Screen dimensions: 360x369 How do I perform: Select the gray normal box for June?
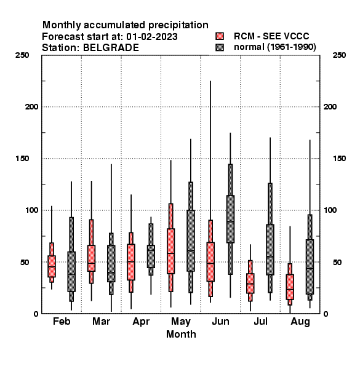coord(230,219)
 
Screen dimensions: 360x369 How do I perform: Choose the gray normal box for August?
coord(310,267)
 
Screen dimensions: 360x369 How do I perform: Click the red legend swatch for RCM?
coord(220,36)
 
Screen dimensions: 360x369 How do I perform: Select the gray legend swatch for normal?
coord(220,47)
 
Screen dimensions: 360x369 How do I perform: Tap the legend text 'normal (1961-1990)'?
coord(274,47)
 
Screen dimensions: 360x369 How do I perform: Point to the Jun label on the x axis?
coord(220,322)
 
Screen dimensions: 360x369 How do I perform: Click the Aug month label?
coord(300,322)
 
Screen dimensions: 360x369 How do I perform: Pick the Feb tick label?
coord(62,322)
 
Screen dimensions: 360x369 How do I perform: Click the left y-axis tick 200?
coord(31,107)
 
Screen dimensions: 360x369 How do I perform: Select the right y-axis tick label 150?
coord(339,159)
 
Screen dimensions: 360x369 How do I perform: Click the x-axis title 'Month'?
coord(181,334)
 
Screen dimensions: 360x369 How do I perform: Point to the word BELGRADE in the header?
coord(111,48)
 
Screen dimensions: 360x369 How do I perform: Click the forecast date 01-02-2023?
coord(152,37)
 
